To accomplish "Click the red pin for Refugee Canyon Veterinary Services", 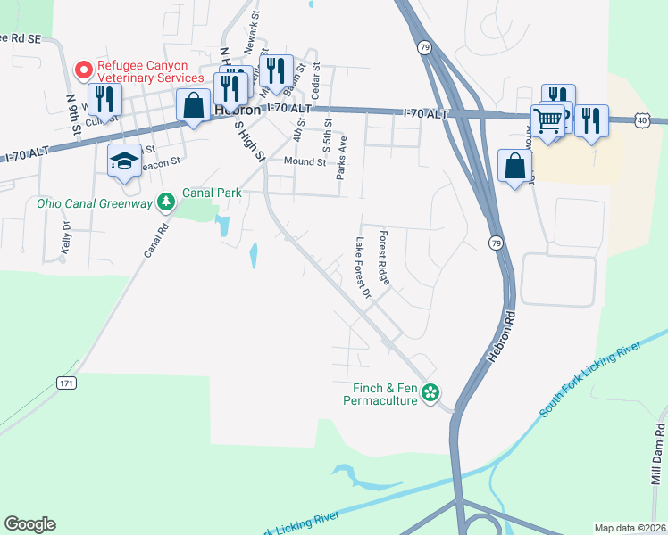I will click(x=84, y=69).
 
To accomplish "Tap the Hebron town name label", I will click(x=238, y=110).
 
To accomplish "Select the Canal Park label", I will click(x=211, y=192).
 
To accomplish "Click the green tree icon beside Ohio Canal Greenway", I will click(x=165, y=203).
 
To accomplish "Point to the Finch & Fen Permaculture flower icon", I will click(x=430, y=392).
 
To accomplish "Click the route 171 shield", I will click(x=68, y=383).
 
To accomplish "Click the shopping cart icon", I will click(x=548, y=119).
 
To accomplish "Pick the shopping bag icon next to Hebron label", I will click(x=193, y=104).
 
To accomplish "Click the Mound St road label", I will click(x=305, y=161).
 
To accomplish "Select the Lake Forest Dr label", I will click(x=363, y=267).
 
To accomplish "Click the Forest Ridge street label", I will click(x=384, y=258).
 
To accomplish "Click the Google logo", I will click(x=30, y=524).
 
